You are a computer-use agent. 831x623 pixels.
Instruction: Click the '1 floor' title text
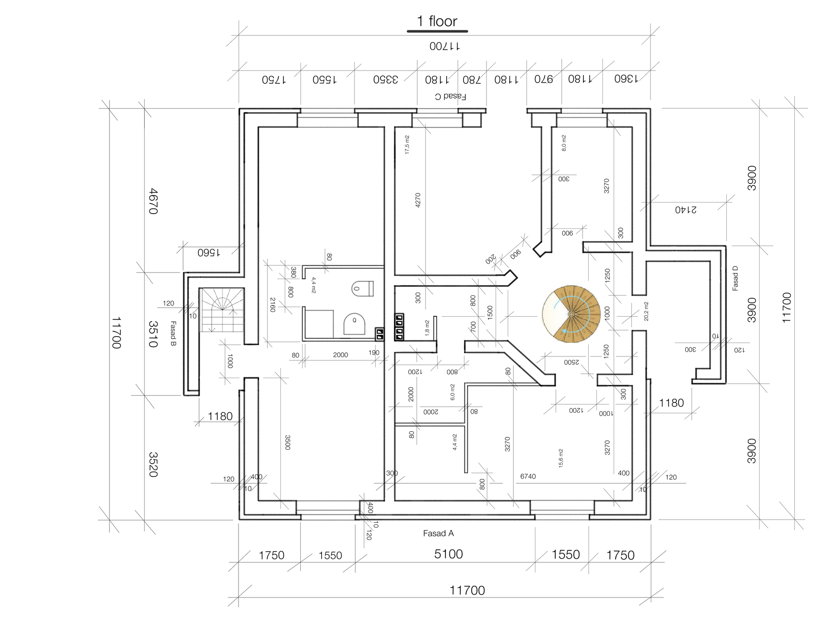point(437,21)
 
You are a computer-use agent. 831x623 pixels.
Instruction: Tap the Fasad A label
point(438,533)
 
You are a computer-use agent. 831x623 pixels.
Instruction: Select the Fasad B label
point(173,334)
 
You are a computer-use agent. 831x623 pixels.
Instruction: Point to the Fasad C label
point(451,96)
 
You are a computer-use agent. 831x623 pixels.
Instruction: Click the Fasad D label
point(735,278)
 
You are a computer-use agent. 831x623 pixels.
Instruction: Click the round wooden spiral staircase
point(571,314)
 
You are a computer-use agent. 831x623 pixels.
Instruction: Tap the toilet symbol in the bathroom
point(363,288)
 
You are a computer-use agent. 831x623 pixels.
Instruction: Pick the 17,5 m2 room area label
point(407,145)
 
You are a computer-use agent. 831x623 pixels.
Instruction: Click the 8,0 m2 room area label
point(564,143)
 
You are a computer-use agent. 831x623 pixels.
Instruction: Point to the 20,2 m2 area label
point(646,311)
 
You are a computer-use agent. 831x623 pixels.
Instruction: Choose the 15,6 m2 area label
point(561,458)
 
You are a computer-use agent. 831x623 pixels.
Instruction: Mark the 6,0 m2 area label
point(453,392)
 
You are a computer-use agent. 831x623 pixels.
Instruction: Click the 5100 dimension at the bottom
point(448,554)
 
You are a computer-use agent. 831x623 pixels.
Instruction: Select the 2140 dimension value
point(686,210)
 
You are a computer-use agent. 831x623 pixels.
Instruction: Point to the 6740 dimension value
point(528,476)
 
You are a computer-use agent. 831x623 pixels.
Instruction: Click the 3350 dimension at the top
point(386,80)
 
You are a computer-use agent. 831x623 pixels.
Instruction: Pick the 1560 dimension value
point(209,253)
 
